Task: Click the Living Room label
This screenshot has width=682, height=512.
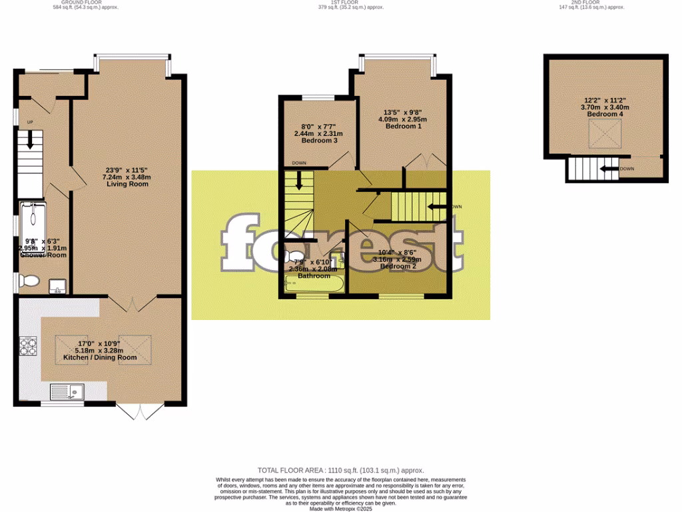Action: pyautogui.click(x=127, y=183)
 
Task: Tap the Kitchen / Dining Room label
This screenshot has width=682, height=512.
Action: pyautogui.click(x=100, y=357)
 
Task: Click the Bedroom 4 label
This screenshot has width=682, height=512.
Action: pyautogui.click(x=605, y=115)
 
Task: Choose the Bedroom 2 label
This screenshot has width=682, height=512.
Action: pyautogui.click(x=398, y=267)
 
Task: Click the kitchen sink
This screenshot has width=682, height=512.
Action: pyautogui.click(x=67, y=392)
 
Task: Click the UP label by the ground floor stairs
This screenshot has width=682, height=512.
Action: pyautogui.click(x=30, y=122)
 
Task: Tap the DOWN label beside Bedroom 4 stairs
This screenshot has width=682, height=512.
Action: pyautogui.click(x=627, y=169)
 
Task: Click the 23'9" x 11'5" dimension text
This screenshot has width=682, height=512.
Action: pyautogui.click(x=127, y=169)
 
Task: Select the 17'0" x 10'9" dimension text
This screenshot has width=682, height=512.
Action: pyautogui.click(x=100, y=343)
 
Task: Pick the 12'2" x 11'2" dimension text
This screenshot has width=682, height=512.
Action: pyautogui.click(x=605, y=100)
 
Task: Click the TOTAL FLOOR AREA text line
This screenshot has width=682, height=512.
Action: pyautogui.click(x=341, y=470)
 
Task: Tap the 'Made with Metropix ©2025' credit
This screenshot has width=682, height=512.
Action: pyautogui.click(x=341, y=509)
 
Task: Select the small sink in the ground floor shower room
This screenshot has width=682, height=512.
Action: pyautogui.click(x=58, y=288)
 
